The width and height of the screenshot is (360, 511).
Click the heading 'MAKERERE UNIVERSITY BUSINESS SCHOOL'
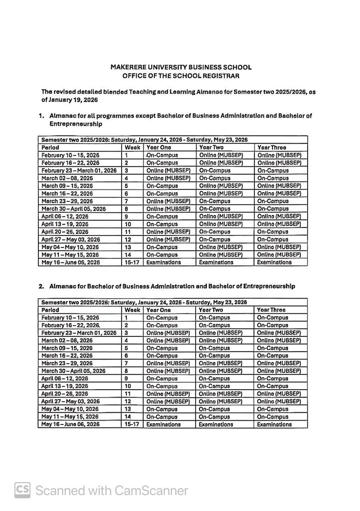181,67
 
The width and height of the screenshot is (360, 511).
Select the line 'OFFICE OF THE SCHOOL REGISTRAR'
181,75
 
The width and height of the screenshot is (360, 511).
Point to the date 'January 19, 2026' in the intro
73,100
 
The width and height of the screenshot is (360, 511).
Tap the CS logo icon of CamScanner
22,490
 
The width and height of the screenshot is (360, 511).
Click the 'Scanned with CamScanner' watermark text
111,491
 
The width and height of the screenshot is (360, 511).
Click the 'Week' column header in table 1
132,147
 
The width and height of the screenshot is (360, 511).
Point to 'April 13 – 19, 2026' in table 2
67,386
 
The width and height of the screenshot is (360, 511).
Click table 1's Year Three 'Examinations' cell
274,262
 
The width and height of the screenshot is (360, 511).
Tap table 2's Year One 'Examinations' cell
163,425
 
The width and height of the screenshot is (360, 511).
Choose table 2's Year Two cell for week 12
220,402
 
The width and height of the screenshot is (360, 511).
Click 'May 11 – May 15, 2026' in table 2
70,417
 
